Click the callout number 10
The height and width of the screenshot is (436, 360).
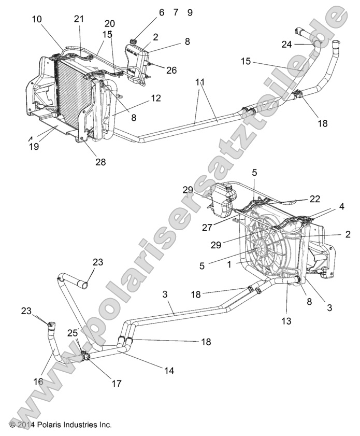(x=38, y=19)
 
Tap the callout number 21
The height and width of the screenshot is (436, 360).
(x=78, y=19)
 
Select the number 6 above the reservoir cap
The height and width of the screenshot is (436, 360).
(x=161, y=12)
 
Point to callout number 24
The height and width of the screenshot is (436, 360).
(x=287, y=45)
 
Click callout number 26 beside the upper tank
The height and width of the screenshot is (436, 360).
(x=171, y=69)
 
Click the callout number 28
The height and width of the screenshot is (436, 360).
(x=100, y=162)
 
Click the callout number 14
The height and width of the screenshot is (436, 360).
(x=169, y=371)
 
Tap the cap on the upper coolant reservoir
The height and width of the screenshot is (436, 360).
(x=134, y=40)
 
